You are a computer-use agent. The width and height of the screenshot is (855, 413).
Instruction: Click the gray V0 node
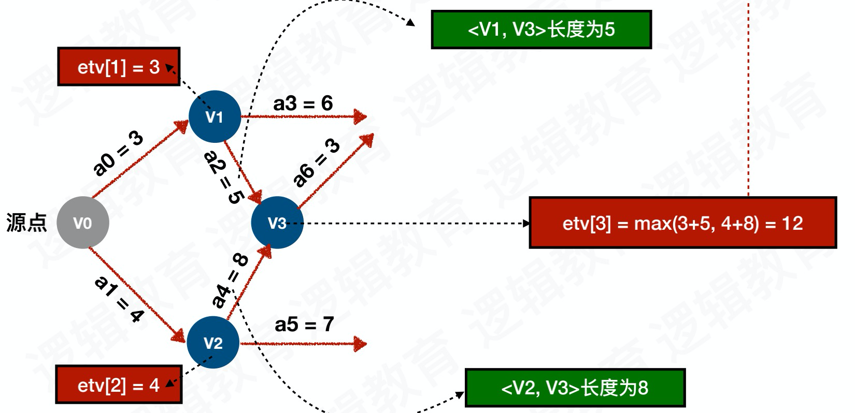pos(82,223)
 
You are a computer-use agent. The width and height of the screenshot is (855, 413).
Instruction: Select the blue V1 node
pos(215,116)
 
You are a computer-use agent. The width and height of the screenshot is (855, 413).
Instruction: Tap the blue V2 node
pos(213,342)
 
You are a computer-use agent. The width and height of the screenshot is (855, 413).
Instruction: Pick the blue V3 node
pos(277,223)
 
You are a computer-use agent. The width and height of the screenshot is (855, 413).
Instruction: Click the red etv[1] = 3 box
pos(119,67)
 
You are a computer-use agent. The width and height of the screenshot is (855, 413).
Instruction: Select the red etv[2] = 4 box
pos(119,385)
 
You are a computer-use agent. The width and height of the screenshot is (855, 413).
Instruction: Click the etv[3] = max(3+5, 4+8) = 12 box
pos(682,223)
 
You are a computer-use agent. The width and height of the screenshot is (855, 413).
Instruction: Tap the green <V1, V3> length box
pos(541,30)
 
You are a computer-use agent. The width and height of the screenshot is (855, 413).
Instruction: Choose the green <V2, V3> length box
pos(575,388)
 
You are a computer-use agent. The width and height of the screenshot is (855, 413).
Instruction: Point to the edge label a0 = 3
pos(118,153)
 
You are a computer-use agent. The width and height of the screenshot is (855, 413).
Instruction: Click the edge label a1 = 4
pos(119,299)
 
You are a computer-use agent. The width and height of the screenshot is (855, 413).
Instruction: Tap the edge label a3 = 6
pos(303,104)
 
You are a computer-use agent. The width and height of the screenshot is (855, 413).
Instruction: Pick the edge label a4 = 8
pos(230,280)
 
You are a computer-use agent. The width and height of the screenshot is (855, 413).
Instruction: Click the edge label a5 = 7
pos(304,325)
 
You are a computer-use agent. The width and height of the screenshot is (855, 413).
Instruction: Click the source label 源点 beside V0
pos(26,223)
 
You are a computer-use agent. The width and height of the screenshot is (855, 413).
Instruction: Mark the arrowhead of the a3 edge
pos(360,116)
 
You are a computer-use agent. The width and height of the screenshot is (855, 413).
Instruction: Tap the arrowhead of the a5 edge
pos(360,344)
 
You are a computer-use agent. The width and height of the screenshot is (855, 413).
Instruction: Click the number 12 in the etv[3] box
pos(792,223)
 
